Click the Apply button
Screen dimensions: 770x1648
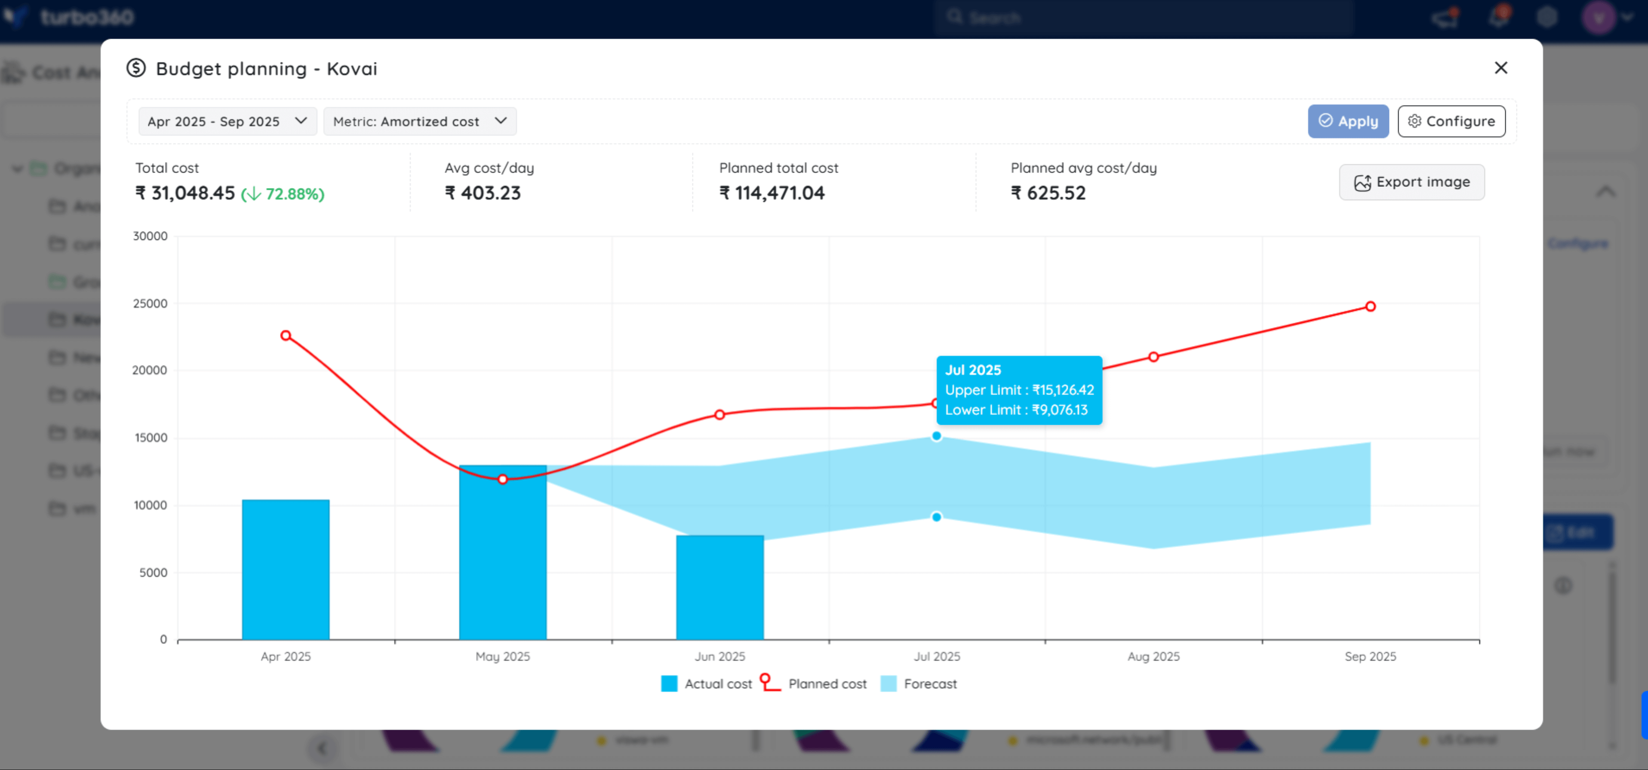tap(1347, 121)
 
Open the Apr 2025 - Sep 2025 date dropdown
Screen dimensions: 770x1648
tap(227, 121)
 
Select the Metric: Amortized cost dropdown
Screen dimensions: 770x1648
tap(420, 121)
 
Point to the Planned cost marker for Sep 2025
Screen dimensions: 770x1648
tap(1370, 306)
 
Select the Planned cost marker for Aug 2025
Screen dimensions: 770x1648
tap(1153, 356)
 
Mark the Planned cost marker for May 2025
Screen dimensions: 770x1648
tap(502, 479)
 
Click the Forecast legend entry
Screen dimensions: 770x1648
tap(919, 683)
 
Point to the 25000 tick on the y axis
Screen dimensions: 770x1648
tap(151, 303)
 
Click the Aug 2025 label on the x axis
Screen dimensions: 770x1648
tap(1153, 656)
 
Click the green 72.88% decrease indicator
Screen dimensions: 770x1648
tap(283, 193)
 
